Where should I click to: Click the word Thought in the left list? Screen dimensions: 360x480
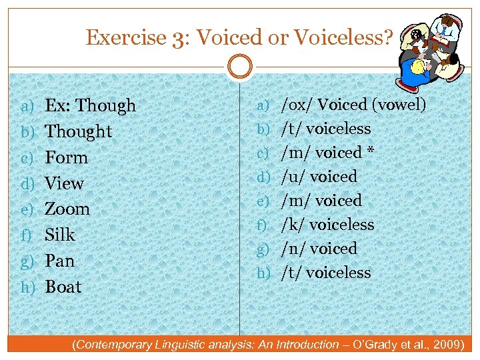78,131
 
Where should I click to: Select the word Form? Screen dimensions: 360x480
66,157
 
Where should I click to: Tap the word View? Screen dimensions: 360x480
64,183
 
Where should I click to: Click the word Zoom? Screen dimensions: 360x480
67,209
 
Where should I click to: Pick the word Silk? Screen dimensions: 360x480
60,235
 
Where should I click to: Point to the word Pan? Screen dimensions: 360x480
59,261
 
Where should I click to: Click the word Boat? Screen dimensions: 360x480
63,287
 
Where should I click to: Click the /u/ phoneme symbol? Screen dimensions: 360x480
294,177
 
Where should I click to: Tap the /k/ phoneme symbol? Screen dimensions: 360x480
294,225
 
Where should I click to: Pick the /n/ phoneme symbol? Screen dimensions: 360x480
294,249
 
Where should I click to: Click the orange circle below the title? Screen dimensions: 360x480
239,67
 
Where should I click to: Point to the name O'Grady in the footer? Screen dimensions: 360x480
374,345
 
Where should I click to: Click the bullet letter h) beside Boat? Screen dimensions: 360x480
27,287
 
